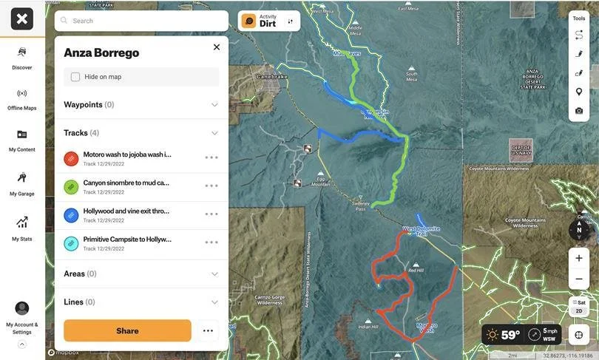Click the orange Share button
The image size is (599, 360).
coord(127,330)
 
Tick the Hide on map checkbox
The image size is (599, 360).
coord(75,77)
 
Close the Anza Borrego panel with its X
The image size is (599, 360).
coord(217,47)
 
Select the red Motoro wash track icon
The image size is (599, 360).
coord(71,158)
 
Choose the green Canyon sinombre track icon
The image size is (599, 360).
coord(71,186)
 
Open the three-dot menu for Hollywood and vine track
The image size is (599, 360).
coord(211,214)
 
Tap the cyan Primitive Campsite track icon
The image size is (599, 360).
coord(71,242)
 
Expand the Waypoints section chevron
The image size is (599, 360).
coord(214,105)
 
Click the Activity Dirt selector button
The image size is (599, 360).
coord(269,21)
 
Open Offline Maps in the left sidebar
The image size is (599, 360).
coord(22,98)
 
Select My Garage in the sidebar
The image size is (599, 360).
coord(22,183)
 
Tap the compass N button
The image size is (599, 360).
coord(579,229)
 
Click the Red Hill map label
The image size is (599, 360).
coord(416,271)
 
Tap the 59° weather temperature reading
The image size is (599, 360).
coord(510,335)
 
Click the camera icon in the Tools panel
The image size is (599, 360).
coord(579,111)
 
